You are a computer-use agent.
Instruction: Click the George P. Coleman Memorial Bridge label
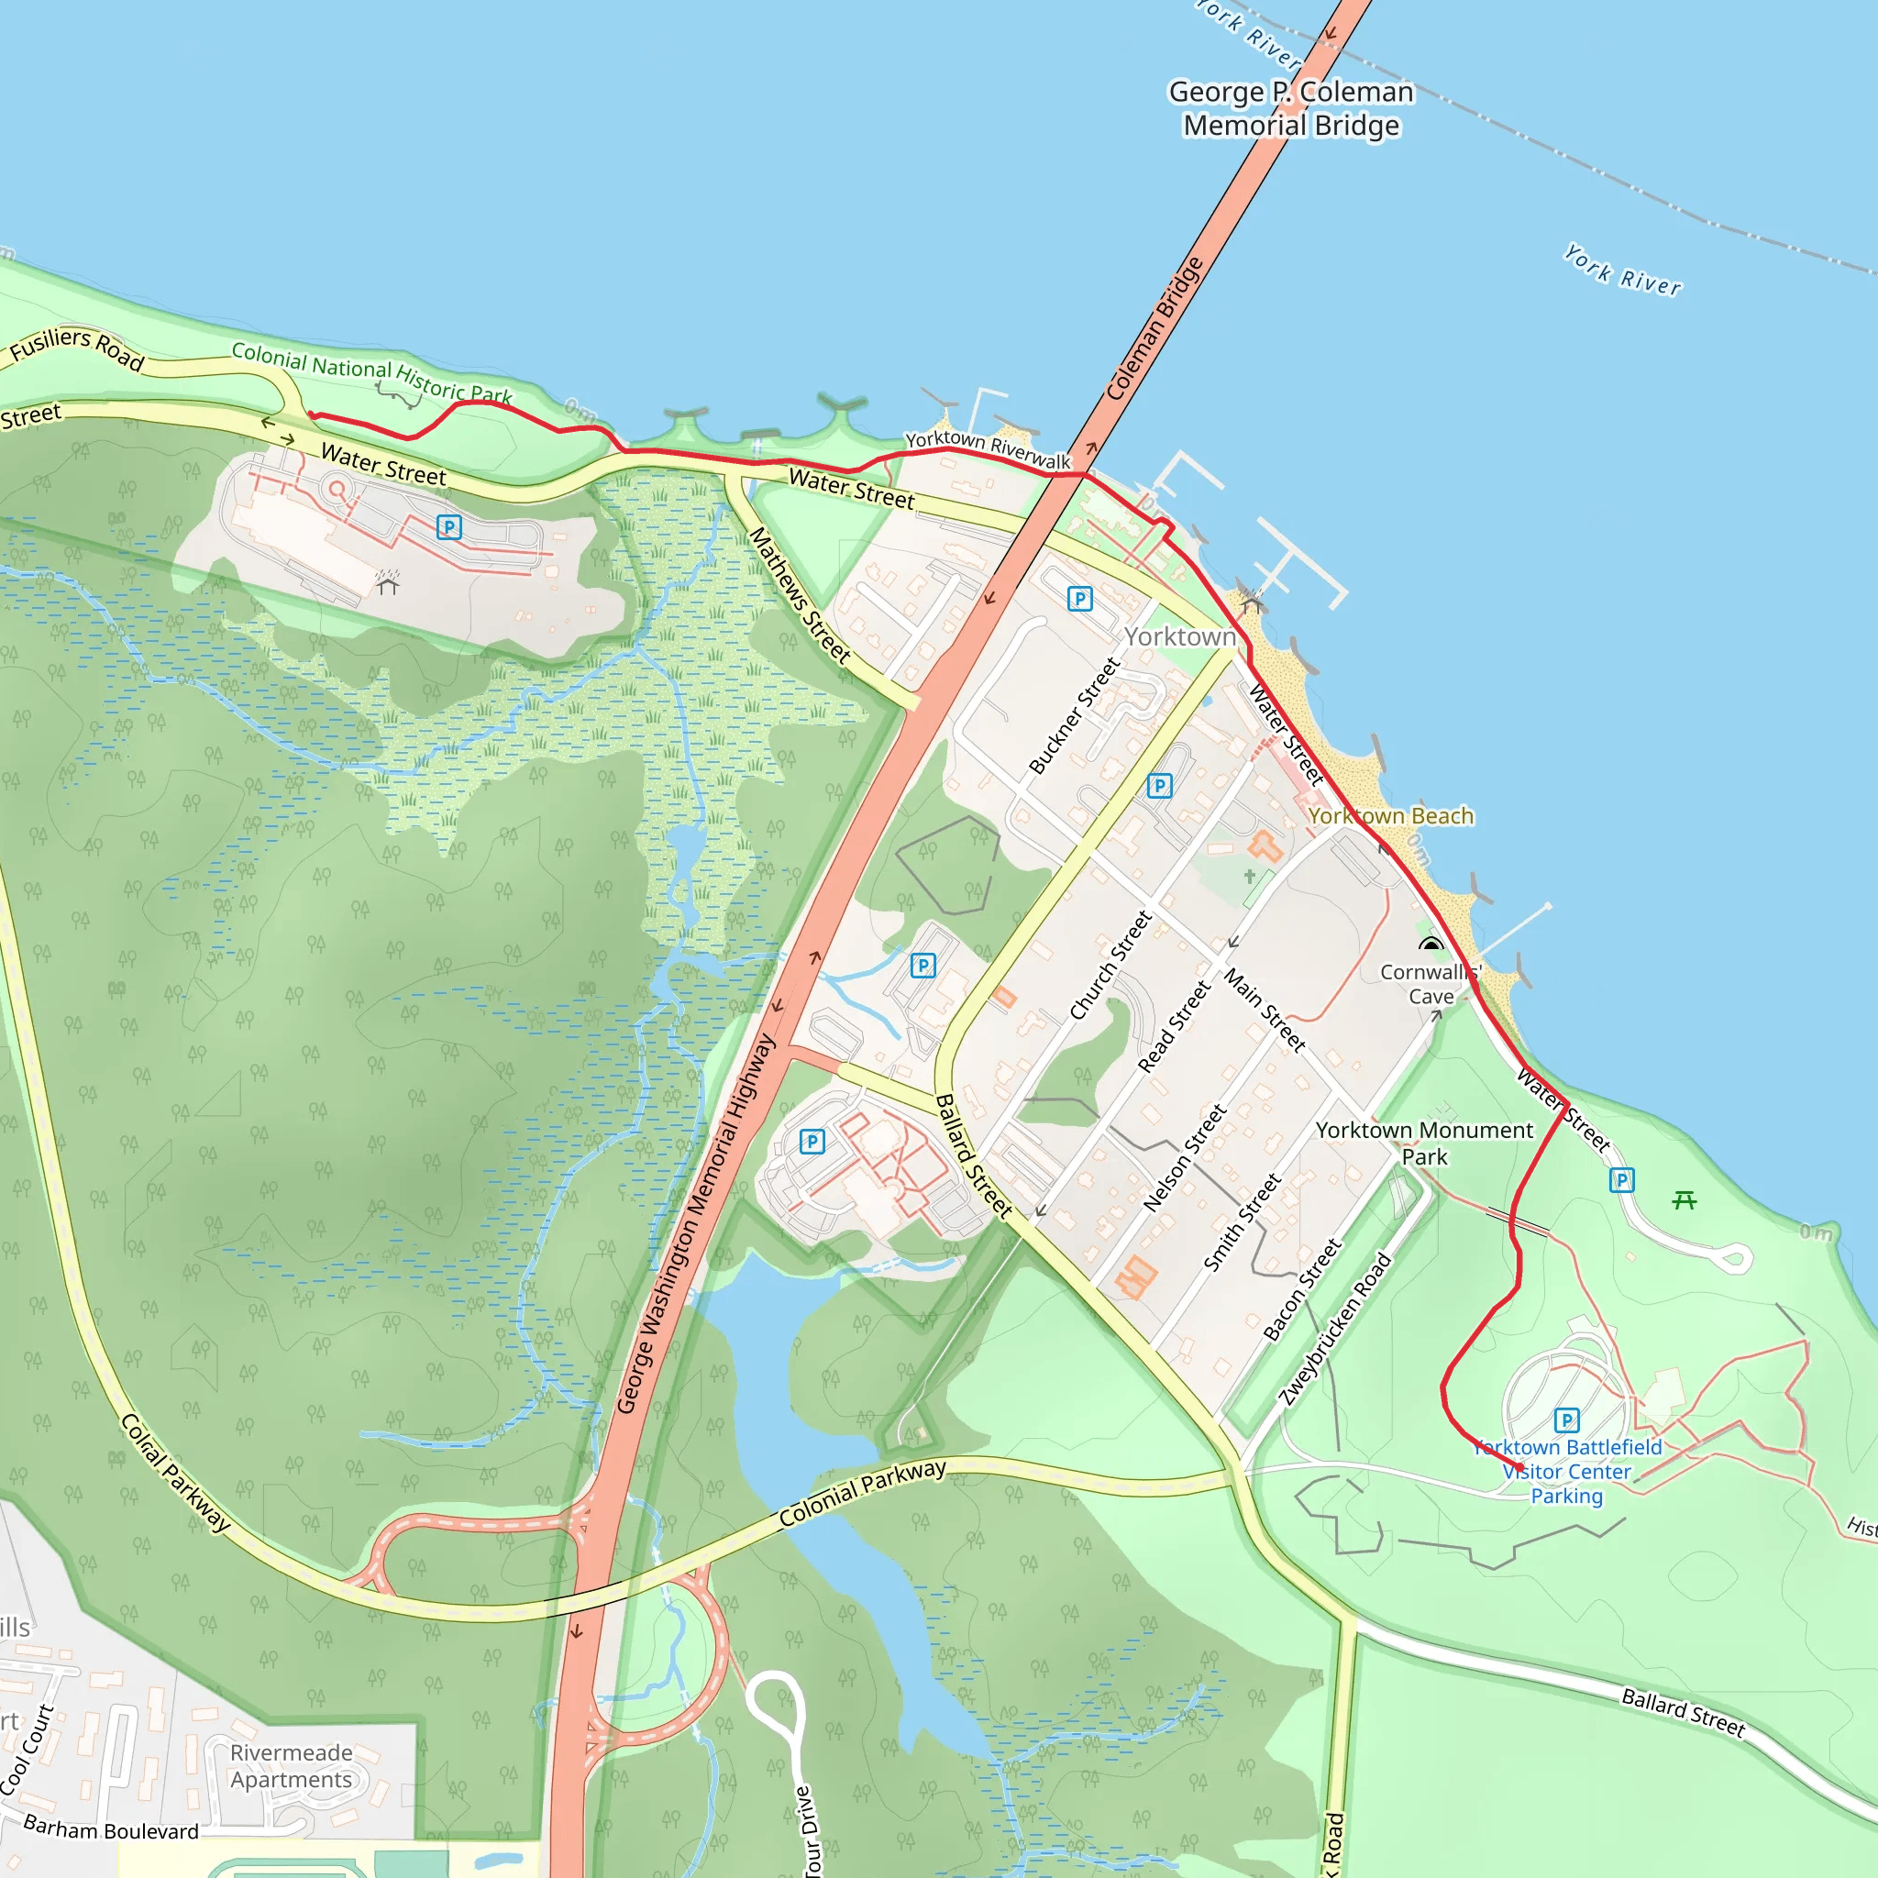1291,108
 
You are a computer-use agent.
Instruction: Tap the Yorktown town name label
1180,636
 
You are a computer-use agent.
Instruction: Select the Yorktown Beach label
1390,815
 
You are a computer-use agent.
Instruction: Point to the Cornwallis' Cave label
1430,984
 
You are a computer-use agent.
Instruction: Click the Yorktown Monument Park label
1424,1143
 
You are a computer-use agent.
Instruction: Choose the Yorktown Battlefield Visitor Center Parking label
1567,1472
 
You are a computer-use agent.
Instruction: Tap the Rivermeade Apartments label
291,1766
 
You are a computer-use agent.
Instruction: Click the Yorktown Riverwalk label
988,449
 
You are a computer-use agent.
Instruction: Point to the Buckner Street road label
1074,715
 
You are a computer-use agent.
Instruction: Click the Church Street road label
1110,966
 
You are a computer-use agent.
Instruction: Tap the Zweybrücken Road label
1334,1330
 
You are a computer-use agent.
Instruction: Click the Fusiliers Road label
77,348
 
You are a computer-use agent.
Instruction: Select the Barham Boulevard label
111,1828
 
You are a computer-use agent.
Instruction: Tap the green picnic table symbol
1685,1200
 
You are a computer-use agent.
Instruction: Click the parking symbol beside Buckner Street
1079,599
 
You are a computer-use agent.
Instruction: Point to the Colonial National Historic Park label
371,371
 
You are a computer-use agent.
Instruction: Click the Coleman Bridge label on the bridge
1154,328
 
